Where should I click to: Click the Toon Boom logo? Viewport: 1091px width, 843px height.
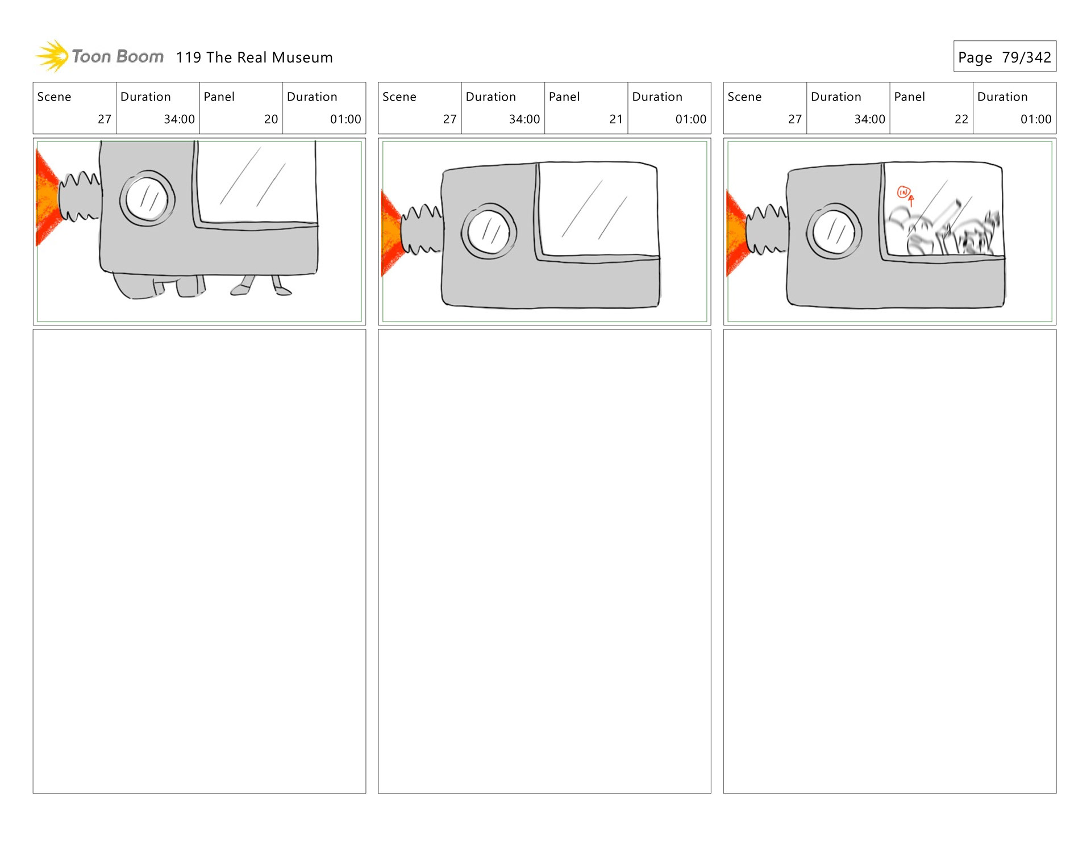point(99,56)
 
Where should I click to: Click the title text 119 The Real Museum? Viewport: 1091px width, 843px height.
point(254,57)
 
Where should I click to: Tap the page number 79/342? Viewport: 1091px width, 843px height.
point(1026,57)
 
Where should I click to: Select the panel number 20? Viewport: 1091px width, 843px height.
point(270,119)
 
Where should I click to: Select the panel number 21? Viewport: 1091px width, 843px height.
point(616,119)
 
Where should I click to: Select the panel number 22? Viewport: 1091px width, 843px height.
point(961,119)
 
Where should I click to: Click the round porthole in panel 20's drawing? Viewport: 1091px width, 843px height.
point(147,198)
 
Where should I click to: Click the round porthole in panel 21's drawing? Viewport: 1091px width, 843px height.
point(489,232)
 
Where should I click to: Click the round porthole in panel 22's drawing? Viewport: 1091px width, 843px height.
point(834,232)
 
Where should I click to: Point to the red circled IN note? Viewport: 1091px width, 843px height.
point(903,193)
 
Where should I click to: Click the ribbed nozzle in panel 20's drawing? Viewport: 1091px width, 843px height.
point(80,196)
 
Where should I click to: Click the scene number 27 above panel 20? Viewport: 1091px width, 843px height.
point(104,119)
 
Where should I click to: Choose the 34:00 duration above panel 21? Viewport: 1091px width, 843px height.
point(524,119)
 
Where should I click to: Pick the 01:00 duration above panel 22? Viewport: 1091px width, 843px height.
point(1035,119)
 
